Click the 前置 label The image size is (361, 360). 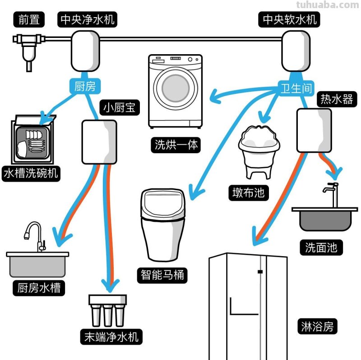click(x=29, y=19)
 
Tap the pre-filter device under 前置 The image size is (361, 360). click(x=28, y=47)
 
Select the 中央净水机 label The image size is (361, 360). click(x=88, y=19)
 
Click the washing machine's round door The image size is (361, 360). click(x=176, y=88)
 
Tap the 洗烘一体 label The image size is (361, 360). click(x=176, y=145)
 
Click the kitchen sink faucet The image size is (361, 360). click(x=34, y=235)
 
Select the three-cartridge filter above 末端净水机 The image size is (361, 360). click(x=107, y=310)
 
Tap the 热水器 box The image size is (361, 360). click(x=315, y=131)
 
